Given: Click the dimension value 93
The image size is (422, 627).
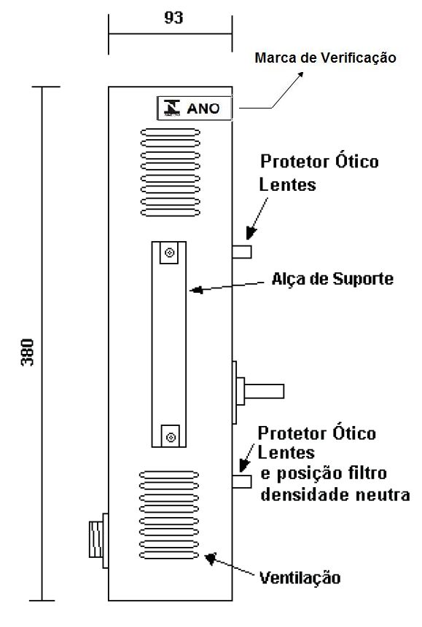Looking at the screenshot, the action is pos(173,17).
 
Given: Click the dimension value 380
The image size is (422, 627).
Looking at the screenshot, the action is pos(28,352).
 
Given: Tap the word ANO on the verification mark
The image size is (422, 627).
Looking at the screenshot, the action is pos(203,109).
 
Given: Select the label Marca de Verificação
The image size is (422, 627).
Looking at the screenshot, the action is pos(326,58).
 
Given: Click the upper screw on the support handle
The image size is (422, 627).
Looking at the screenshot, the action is pos(170,253).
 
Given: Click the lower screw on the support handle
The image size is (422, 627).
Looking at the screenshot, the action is pos(171,437).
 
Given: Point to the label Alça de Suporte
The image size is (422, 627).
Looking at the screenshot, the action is pos(332,279).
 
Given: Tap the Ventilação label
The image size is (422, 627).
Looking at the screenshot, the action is pos(300,577).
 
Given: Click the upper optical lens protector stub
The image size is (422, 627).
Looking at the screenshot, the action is pos(242,252).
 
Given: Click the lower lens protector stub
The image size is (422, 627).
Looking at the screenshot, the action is pos(242,481).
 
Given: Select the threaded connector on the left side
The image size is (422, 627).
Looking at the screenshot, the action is pos(96,539).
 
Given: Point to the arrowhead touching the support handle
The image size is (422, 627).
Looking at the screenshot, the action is pos(196,290).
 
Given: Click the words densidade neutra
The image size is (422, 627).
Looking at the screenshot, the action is pos(335,494).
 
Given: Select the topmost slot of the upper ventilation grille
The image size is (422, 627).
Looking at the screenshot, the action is pos(170,132).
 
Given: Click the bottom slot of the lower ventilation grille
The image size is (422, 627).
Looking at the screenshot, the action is pos(169,556).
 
